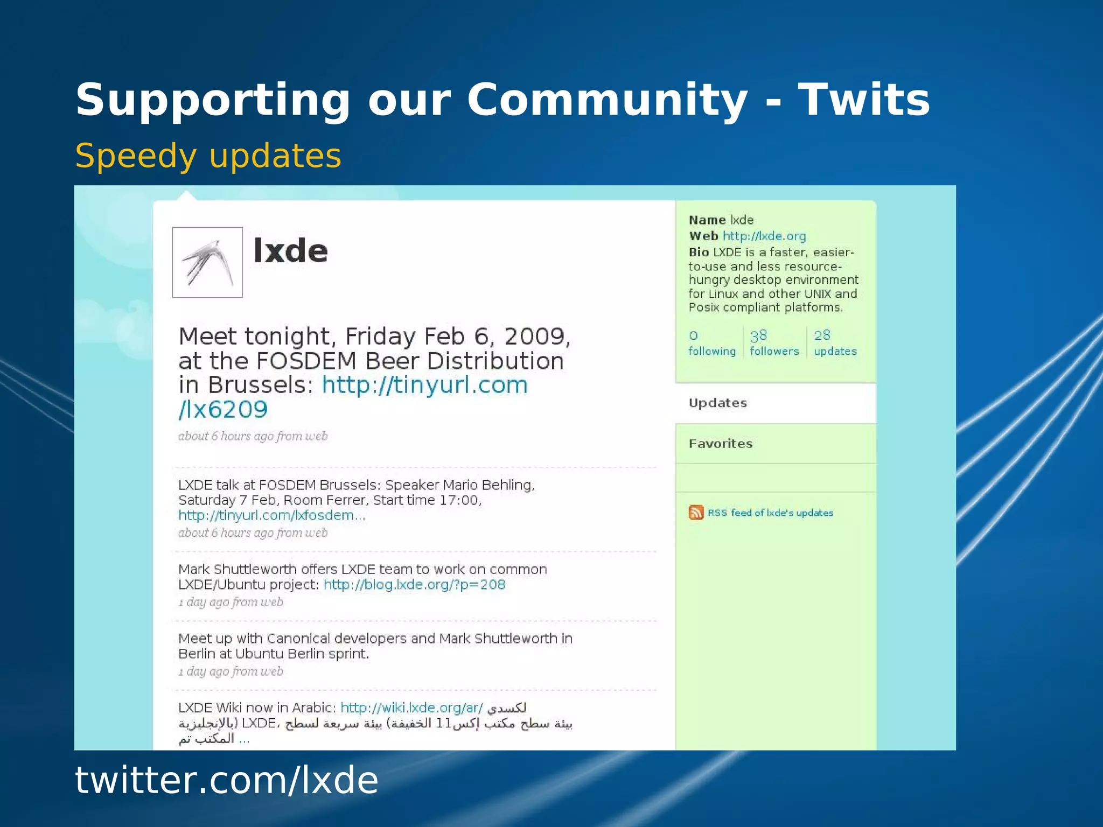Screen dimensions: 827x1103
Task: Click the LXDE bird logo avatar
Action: (x=207, y=262)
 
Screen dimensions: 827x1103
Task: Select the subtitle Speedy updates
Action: (x=208, y=156)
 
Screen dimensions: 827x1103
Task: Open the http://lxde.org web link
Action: (x=764, y=236)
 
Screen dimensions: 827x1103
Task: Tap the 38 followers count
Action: (x=774, y=343)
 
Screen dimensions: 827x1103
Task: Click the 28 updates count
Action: (x=835, y=343)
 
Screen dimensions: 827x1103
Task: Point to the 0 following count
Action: (x=711, y=343)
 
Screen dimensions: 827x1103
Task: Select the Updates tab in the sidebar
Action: (x=718, y=403)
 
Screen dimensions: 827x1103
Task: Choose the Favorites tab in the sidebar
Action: (x=721, y=444)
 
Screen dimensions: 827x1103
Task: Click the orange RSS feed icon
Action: (x=696, y=512)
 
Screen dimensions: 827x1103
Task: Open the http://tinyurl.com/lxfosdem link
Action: (x=271, y=515)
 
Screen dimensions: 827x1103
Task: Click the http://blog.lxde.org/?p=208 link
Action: (x=414, y=585)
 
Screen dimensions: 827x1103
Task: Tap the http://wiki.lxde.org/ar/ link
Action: (x=411, y=707)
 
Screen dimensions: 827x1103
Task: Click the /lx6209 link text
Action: (x=223, y=410)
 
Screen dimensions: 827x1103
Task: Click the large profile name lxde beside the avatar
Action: (x=290, y=251)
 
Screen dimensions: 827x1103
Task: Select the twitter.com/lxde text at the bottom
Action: (x=227, y=780)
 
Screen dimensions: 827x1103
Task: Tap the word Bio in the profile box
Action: (x=699, y=252)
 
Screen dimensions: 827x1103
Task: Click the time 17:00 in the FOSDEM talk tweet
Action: (x=459, y=500)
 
